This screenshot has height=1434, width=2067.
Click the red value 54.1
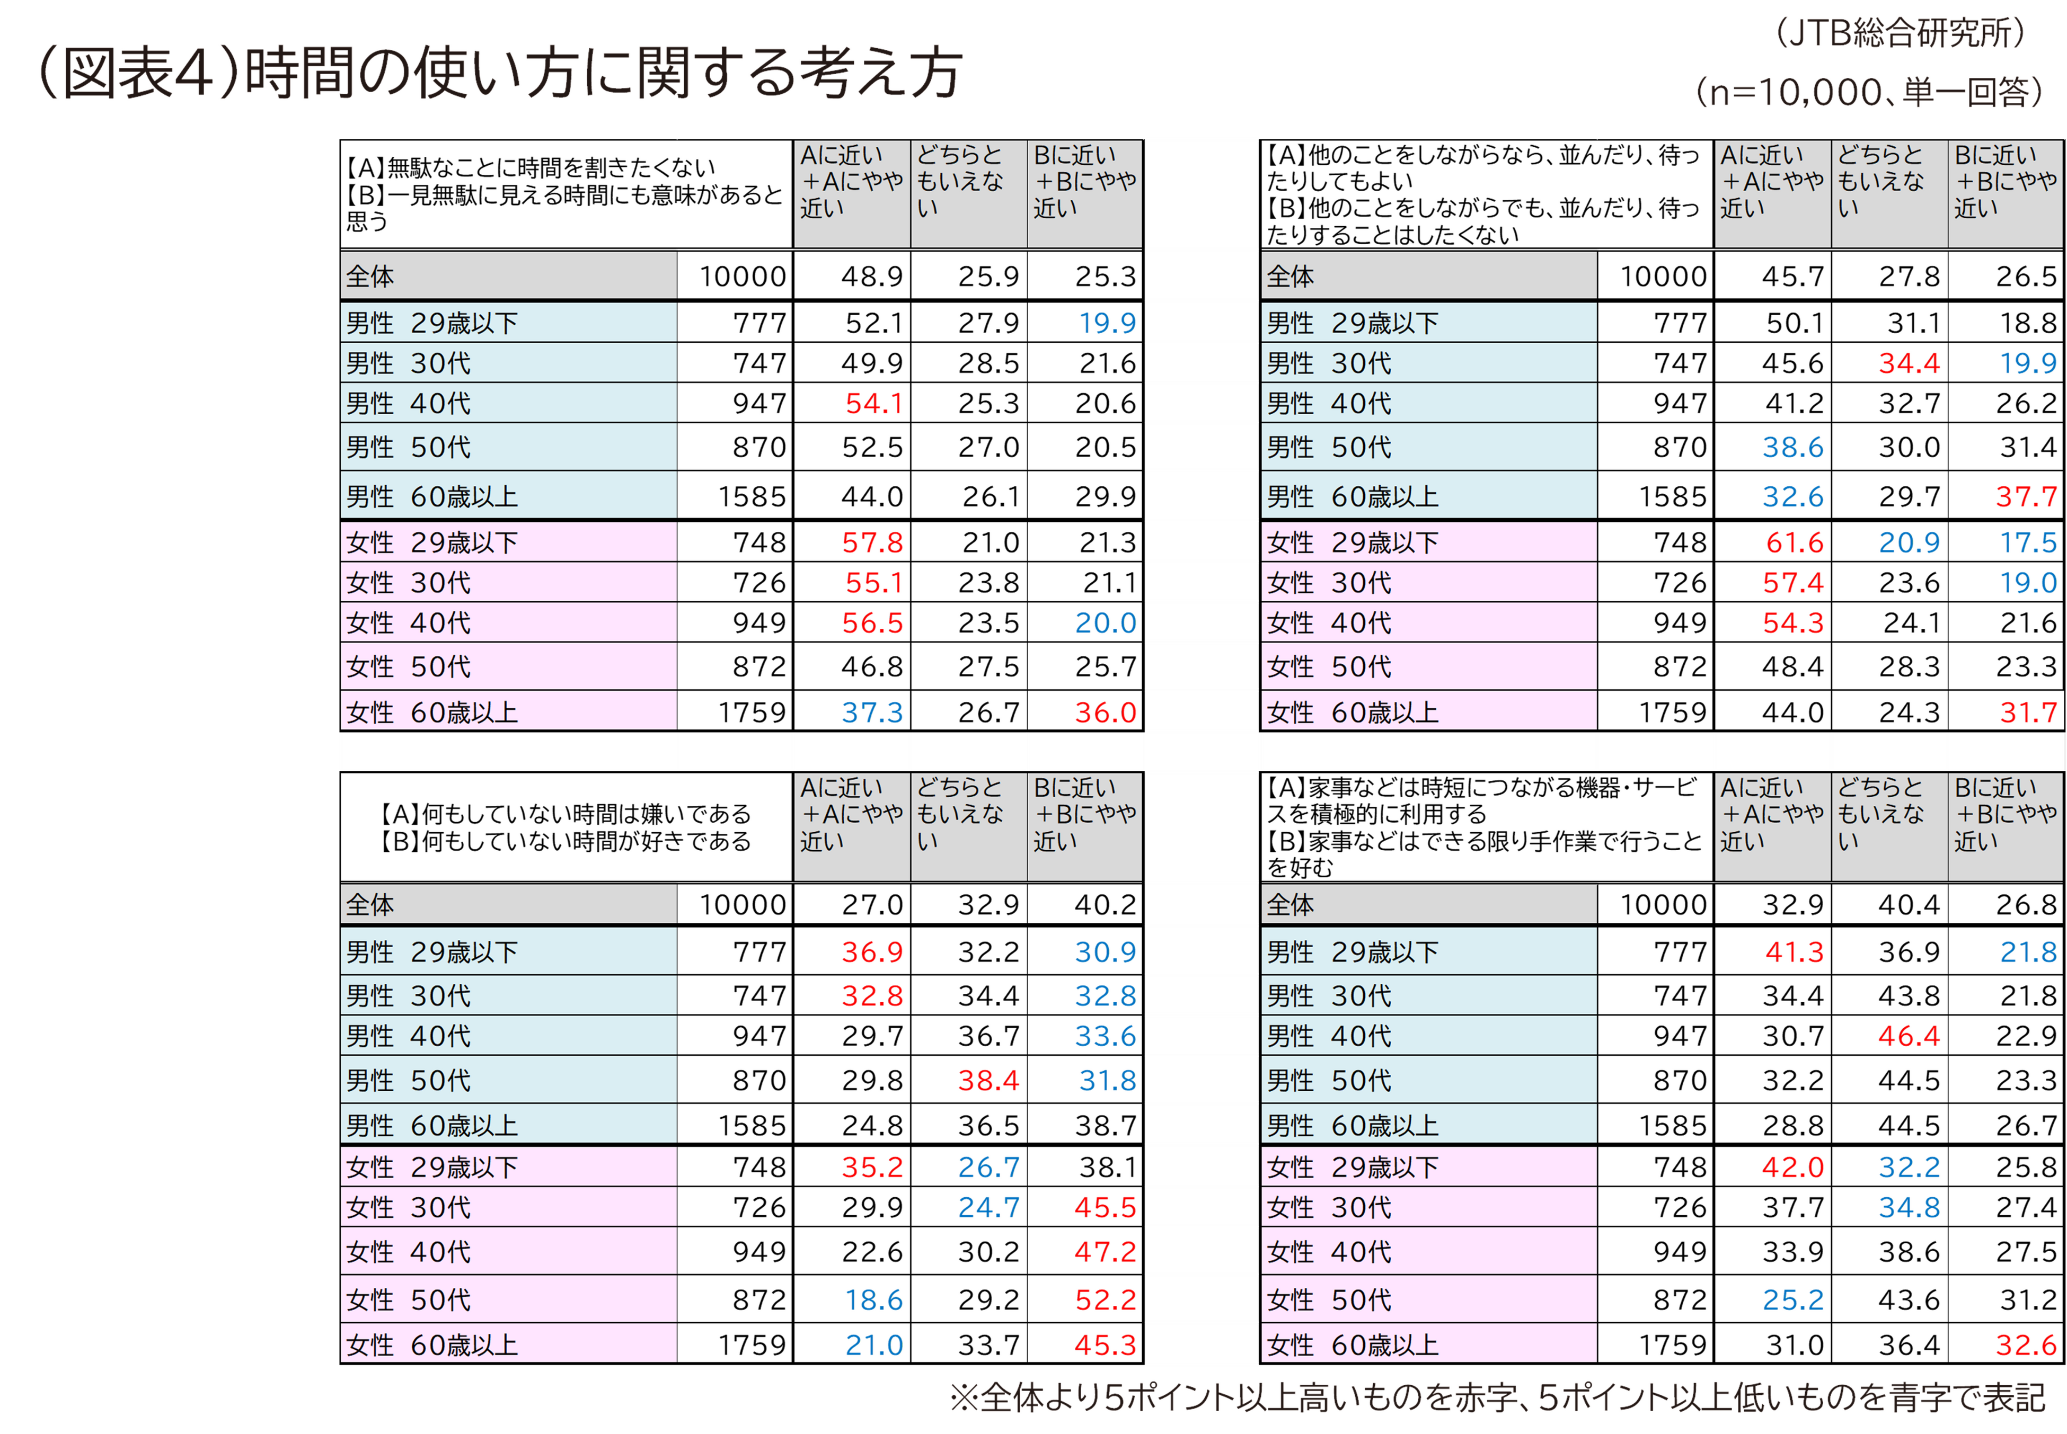pyautogui.click(x=873, y=404)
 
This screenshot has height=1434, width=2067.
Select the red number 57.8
pyautogui.click(x=872, y=542)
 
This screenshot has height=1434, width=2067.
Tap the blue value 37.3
pyautogui.click(x=872, y=714)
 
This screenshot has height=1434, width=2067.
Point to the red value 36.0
pyautogui.click(x=1106, y=714)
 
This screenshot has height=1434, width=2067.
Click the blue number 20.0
pyautogui.click(x=1106, y=622)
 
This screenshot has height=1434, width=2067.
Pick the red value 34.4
pyautogui.click(x=1909, y=364)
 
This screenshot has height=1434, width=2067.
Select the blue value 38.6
pyautogui.click(x=1793, y=448)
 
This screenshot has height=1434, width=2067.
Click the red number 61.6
pyautogui.click(x=1794, y=542)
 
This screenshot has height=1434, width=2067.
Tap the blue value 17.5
pyautogui.click(x=2027, y=542)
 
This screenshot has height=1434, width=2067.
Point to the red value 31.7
pyautogui.click(x=2027, y=714)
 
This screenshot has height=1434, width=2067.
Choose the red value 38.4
pyautogui.click(x=988, y=1080)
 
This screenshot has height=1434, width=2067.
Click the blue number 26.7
pyautogui.click(x=988, y=1167)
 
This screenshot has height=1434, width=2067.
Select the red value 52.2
pyautogui.click(x=1106, y=1300)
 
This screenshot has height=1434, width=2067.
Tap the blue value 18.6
pyautogui.click(x=873, y=1300)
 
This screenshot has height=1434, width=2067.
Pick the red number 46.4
pyautogui.click(x=1909, y=1036)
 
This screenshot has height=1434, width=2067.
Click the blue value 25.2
pyautogui.click(x=1793, y=1300)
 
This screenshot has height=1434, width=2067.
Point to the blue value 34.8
pyautogui.click(x=1909, y=1208)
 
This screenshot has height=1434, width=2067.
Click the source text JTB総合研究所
pyautogui.click(x=1899, y=34)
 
